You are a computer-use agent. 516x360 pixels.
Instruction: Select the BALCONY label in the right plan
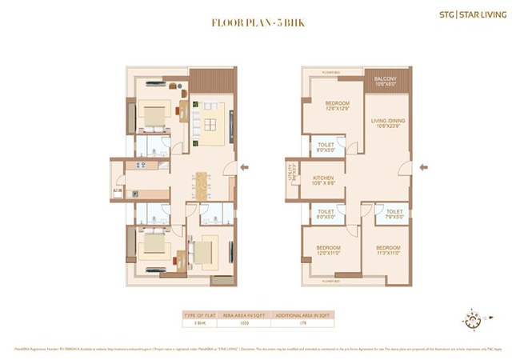(386, 81)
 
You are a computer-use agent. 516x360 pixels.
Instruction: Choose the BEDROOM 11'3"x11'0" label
(388, 251)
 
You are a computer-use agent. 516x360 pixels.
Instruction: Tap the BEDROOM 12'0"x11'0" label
(329, 251)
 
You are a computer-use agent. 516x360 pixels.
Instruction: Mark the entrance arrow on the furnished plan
(246, 168)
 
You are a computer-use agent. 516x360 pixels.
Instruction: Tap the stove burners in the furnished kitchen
(140, 166)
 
